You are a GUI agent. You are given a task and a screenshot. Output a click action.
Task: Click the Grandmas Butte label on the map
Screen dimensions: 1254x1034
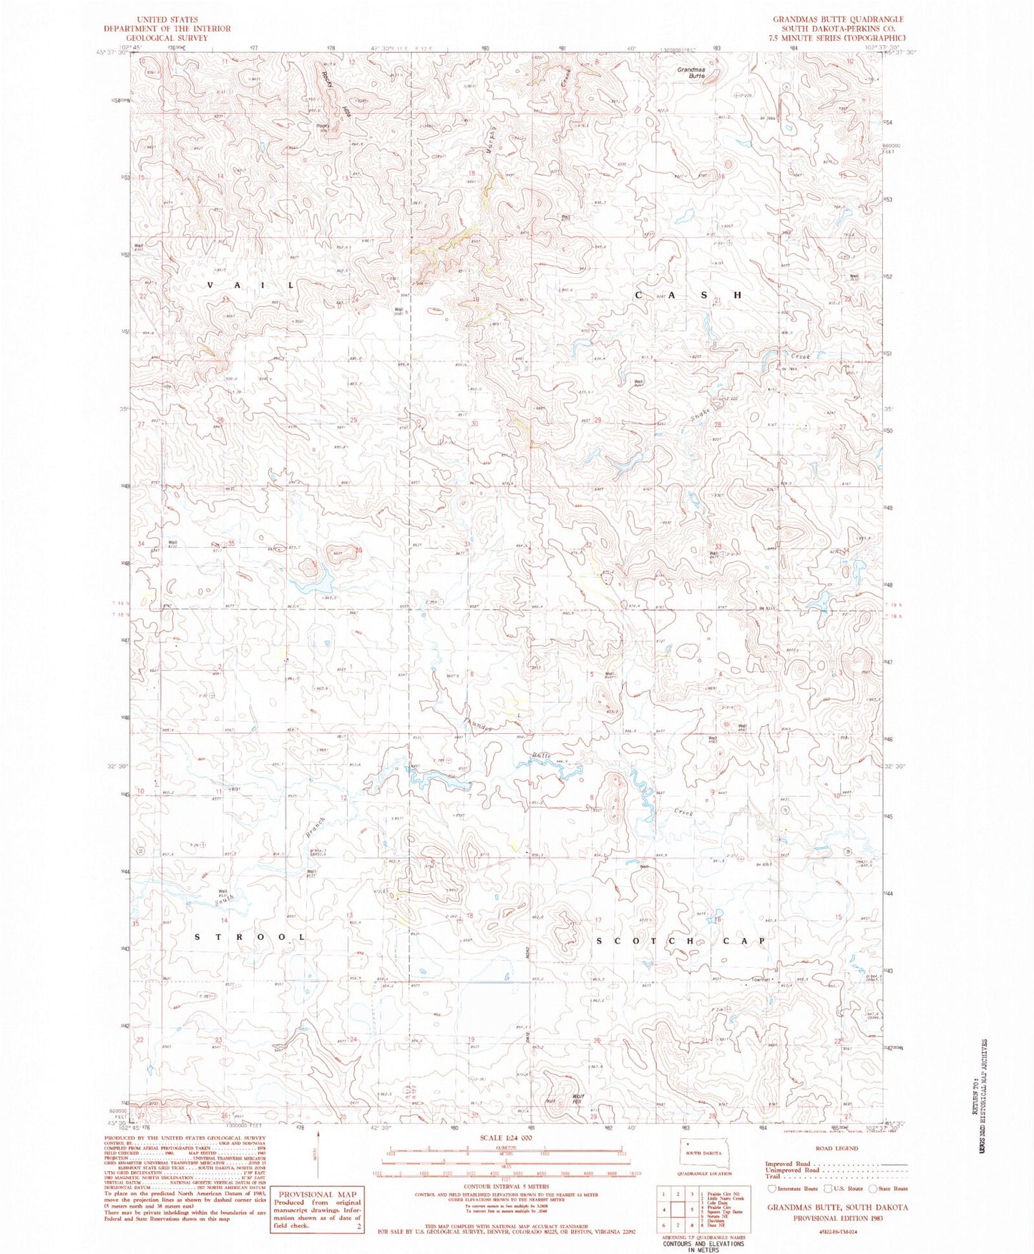click(692, 72)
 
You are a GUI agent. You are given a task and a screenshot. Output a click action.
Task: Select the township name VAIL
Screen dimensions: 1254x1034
click(250, 285)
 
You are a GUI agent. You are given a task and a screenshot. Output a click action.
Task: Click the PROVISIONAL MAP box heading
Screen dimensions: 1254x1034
click(307, 1194)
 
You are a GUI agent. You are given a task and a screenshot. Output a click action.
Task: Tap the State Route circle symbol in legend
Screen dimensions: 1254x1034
click(873, 1188)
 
